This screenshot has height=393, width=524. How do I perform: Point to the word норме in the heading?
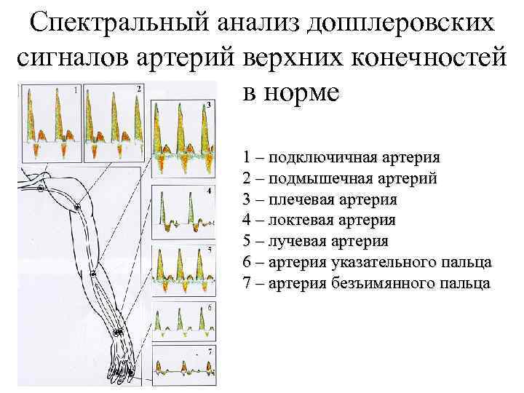[x=301, y=94]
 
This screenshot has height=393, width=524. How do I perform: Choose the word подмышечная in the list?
[x=314, y=179]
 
